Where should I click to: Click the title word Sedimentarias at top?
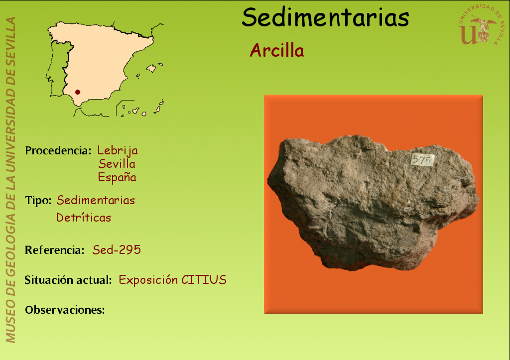[x=325, y=17]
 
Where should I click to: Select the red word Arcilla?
[x=277, y=50]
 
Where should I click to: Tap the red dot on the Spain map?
[x=77, y=92]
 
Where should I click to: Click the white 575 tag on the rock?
[x=422, y=160]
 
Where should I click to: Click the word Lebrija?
[x=118, y=150]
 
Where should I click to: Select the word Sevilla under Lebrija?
[x=117, y=164]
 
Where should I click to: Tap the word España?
[x=117, y=177]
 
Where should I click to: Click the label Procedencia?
[x=58, y=150]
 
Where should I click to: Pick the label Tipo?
[x=38, y=200]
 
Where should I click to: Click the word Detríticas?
[x=84, y=217]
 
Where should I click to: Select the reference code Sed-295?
[x=117, y=250]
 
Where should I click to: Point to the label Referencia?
[x=55, y=250]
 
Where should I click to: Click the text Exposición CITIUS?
[x=172, y=280]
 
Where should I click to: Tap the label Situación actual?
[x=68, y=280]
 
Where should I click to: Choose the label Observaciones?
[x=65, y=310]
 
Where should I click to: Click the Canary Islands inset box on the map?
[x=139, y=108]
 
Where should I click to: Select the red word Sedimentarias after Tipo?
[x=96, y=200]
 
